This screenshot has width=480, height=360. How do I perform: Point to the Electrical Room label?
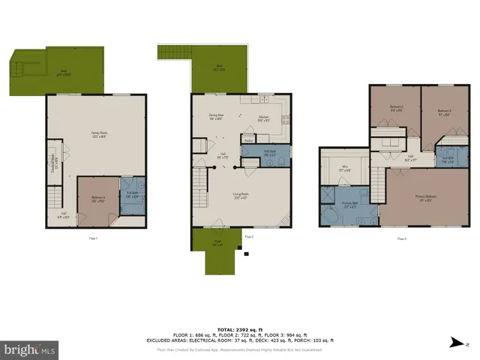click(52, 166)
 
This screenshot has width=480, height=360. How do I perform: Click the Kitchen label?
click(263, 118)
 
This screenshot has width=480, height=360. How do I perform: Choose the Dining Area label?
click(217, 116)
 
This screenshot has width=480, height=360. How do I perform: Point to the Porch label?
click(217, 242)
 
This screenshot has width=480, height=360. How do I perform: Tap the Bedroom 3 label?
click(443, 112)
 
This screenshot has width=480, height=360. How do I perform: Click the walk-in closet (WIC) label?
click(344, 169)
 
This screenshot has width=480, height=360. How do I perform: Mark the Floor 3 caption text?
click(402, 238)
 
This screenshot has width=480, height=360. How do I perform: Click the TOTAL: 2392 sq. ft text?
click(240, 329)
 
